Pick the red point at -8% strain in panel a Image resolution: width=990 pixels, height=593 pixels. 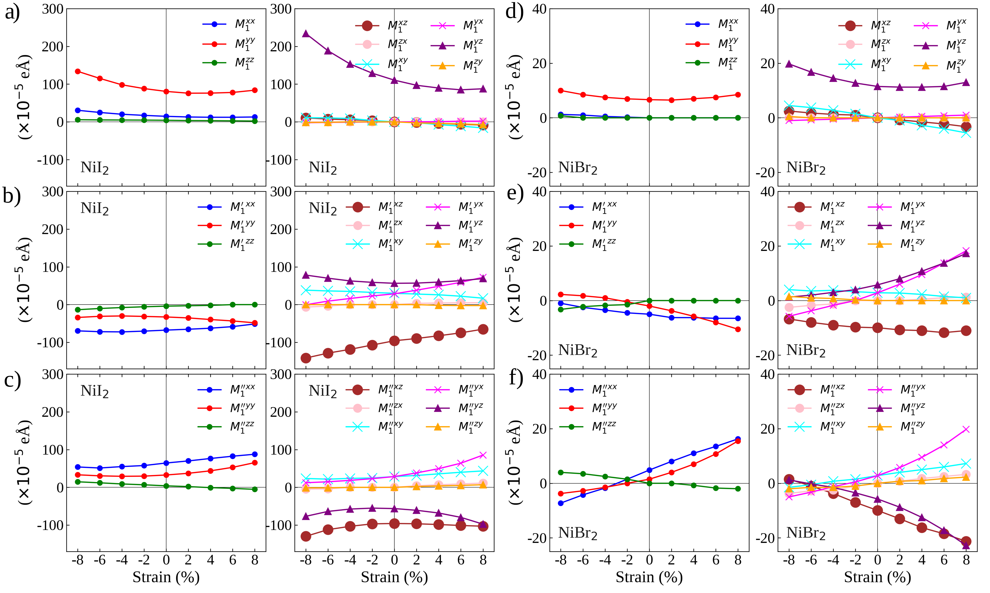tap(78, 72)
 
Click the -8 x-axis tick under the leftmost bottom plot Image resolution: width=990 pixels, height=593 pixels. tap(78, 560)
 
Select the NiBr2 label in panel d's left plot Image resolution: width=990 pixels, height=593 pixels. tap(578, 168)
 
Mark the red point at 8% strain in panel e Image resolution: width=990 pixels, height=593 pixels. tap(738, 329)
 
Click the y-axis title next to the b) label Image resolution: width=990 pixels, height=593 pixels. tap(24, 280)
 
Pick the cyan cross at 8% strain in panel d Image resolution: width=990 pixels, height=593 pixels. tap(966, 133)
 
